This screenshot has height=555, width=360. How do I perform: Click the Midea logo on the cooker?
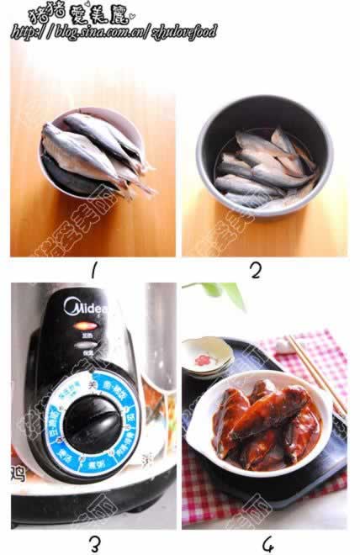pos(86,309)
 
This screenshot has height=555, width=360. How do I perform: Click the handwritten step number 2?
pos(256,270)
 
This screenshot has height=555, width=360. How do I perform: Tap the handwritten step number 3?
pos(94,543)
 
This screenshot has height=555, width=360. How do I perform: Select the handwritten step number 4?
pos(268,544)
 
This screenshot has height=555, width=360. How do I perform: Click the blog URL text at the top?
pos(114,32)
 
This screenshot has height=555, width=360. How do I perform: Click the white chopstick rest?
pos(207,357)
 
